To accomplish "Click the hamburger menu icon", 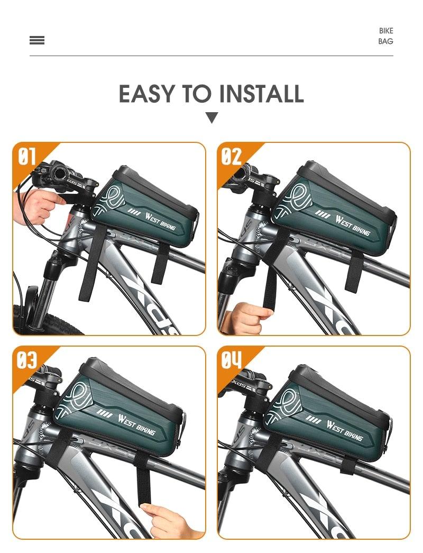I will pos(37,40).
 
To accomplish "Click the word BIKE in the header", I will pos(386,31).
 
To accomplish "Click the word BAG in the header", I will pos(385,41).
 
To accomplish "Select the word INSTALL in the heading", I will pos(261,94).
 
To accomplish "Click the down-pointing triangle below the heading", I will pos(212,117).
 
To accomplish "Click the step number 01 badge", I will pos(27,157).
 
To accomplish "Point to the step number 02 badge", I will pos(231,157).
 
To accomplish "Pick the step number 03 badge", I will pos(27,360).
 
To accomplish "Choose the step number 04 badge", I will pos(231,360).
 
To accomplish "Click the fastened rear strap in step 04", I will pos(349,465).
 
